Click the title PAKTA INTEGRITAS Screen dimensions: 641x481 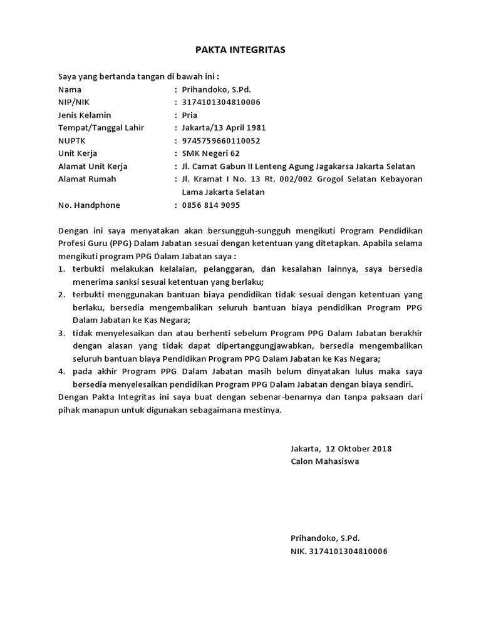click(x=240, y=49)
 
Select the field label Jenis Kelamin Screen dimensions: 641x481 click(x=84, y=115)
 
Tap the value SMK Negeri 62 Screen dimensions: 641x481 click(x=210, y=153)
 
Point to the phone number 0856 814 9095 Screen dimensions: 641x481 click(x=210, y=205)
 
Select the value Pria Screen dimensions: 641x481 click(x=189, y=115)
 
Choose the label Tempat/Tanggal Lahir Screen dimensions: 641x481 click(x=101, y=128)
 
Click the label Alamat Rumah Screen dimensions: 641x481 click(x=87, y=179)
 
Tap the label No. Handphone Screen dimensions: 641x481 click(x=89, y=205)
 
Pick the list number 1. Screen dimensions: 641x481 click(x=61, y=269)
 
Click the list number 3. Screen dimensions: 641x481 click(x=61, y=334)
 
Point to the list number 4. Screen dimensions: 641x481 click(x=61, y=372)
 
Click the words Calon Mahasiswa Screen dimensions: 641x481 click(x=325, y=461)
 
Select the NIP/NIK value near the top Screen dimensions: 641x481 click(x=220, y=102)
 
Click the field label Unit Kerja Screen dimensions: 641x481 click(x=78, y=153)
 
